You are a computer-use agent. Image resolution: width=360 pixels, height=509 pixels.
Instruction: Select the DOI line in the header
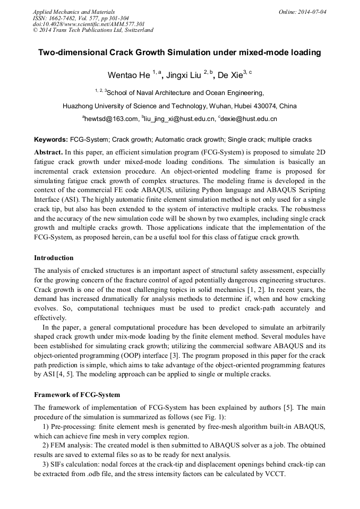[x=89, y=24]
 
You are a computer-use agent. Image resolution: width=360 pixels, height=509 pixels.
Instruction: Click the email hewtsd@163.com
[x=111, y=119]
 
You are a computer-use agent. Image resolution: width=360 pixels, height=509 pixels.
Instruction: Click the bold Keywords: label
[x=51, y=140]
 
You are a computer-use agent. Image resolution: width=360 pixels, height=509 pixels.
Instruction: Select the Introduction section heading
[x=54, y=258]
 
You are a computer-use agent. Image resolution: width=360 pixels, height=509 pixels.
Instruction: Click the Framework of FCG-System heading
[x=77, y=395]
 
